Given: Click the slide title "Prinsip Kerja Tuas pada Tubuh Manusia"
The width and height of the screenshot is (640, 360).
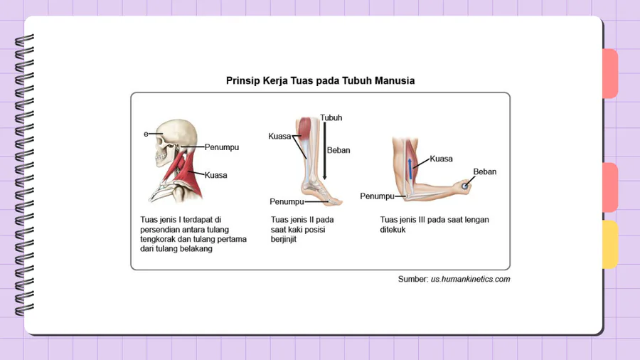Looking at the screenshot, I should [x=320, y=81].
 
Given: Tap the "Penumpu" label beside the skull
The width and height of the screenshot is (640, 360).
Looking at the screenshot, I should [x=221, y=147].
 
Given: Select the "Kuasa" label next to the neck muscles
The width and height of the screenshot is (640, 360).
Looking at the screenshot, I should [x=215, y=175].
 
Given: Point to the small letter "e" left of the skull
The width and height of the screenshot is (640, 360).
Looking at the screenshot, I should [x=146, y=133].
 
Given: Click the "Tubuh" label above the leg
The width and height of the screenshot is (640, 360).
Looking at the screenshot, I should [x=331, y=118].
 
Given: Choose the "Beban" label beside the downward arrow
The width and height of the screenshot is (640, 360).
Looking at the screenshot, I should [x=338, y=150].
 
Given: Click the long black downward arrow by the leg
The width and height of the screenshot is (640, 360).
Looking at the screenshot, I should [x=324, y=150].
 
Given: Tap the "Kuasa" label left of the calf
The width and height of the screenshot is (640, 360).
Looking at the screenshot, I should [x=279, y=136].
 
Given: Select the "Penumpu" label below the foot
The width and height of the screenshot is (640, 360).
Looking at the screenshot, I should [x=286, y=201].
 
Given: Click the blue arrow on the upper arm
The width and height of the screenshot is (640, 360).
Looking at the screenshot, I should [x=410, y=173].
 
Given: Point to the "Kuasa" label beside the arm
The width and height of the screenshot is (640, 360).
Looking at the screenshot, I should [x=441, y=159].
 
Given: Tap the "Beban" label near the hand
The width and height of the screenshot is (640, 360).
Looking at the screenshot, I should [x=484, y=171].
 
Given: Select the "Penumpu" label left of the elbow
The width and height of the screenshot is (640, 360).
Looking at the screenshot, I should [x=377, y=196].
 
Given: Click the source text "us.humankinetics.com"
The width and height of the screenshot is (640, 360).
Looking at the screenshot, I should [x=470, y=279].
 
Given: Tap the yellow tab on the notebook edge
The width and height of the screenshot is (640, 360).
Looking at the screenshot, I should [x=609, y=244].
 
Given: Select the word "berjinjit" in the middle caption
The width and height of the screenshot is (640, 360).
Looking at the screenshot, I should [x=283, y=240].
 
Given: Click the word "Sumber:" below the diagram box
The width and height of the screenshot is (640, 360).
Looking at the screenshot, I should [x=412, y=279].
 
